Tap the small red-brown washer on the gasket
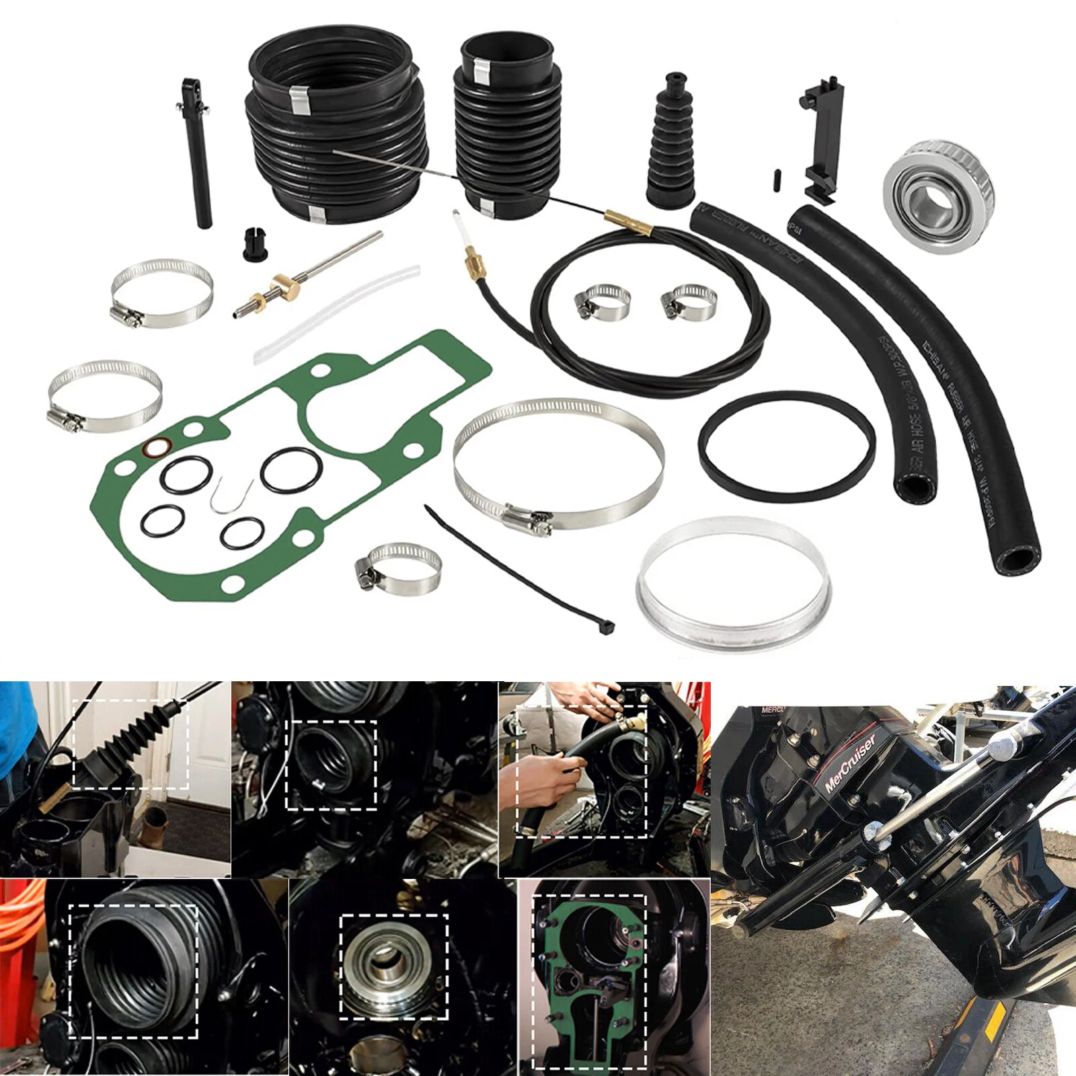(x=158, y=447)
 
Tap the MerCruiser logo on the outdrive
(x=851, y=763)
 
